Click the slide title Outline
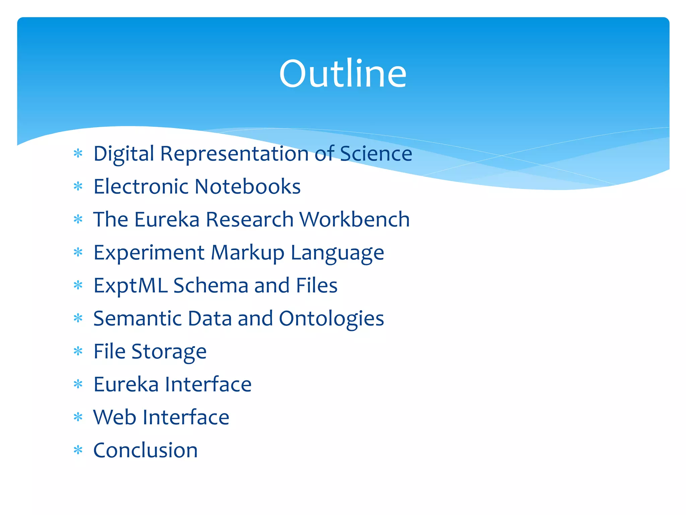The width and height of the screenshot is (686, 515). [x=343, y=73]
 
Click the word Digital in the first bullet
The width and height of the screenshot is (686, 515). [x=124, y=154]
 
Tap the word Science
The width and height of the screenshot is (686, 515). [x=376, y=154]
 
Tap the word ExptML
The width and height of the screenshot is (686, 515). [x=130, y=286]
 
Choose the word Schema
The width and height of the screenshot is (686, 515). [x=211, y=285]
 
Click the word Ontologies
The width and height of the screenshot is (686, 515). [x=331, y=319]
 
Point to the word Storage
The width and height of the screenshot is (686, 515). [x=169, y=352]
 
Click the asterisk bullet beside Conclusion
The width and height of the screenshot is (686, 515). [x=78, y=450]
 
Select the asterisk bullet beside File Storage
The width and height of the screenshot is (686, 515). [x=78, y=351]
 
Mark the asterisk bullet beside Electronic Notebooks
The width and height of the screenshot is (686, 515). [x=78, y=186]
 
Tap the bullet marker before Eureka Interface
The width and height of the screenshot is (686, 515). [x=78, y=384]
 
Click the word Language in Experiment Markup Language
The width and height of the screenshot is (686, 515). [x=337, y=252]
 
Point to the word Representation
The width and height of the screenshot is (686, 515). [x=234, y=154]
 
